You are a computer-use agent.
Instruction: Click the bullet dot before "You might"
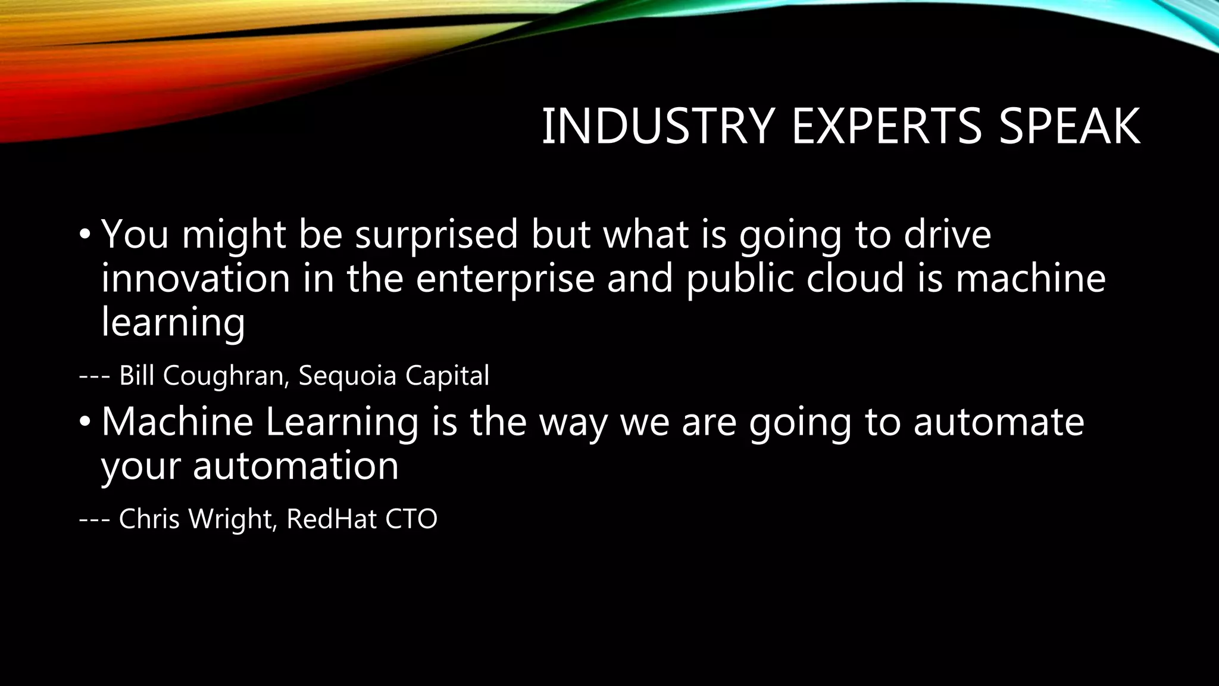point(85,233)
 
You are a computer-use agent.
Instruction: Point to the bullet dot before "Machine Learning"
point(85,422)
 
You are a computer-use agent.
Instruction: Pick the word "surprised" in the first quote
point(436,235)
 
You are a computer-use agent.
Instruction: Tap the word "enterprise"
point(505,279)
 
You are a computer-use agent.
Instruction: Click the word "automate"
point(999,422)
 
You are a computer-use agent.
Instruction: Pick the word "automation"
point(295,466)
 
